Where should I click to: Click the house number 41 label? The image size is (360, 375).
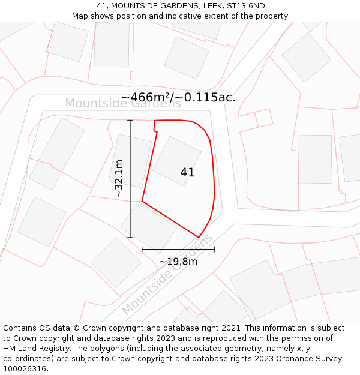[187, 172]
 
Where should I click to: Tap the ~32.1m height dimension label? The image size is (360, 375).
[119, 179]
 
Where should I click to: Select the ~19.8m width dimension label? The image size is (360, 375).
[178, 262]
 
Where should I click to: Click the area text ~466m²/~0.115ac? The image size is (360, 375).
[178, 97]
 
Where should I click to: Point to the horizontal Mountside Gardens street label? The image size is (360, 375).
[123, 103]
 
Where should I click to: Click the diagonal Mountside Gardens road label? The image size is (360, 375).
[167, 275]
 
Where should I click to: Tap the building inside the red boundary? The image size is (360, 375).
[176, 160]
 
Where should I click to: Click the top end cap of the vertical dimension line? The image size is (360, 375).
[130, 121]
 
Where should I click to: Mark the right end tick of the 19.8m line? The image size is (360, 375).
[214, 249]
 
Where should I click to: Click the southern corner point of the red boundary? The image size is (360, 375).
[199, 237]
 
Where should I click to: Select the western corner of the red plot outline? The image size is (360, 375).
[142, 201]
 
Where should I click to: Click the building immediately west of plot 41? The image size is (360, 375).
[130, 160]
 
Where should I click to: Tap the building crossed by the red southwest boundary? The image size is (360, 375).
[148, 227]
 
